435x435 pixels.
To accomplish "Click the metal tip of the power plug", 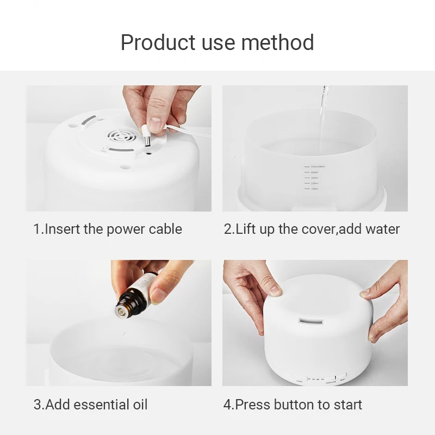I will [x=146, y=142].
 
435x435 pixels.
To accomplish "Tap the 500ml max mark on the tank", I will [x=314, y=166].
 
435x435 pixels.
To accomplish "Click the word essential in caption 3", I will [x=102, y=405].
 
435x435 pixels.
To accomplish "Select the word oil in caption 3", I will [x=139, y=405].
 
